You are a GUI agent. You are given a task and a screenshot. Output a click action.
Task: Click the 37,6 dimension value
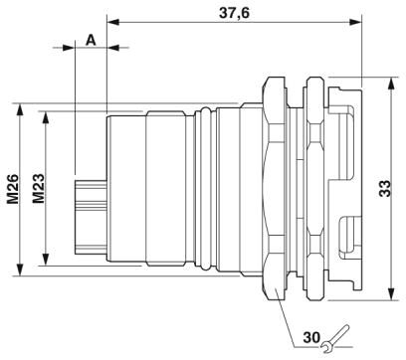point(234,13)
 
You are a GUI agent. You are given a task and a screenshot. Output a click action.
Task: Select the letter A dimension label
point(91,41)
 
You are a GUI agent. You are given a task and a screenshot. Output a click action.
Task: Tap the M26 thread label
point(14,189)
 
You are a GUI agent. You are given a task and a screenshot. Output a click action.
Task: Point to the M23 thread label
point(39,189)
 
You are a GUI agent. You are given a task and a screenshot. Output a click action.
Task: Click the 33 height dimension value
point(385,189)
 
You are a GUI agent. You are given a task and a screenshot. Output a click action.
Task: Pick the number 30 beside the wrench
point(311,337)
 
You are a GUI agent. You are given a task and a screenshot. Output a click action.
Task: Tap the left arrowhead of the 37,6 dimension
point(112,22)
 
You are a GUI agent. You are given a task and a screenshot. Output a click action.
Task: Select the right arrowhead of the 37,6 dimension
point(355,22)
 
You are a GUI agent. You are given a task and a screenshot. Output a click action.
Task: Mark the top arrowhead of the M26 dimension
point(21,109)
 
